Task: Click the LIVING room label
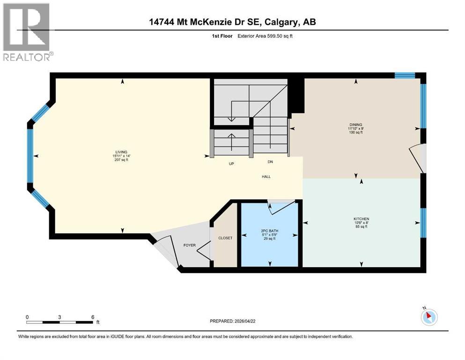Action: [x=122, y=152]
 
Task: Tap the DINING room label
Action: [x=355, y=125]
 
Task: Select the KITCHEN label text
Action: [x=361, y=219]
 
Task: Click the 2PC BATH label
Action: [x=269, y=231]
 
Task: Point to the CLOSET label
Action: [x=225, y=238]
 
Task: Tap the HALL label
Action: [x=266, y=177]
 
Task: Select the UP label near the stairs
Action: [x=231, y=164]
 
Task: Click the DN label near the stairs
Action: [x=270, y=162]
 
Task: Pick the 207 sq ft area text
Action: [x=122, y=160]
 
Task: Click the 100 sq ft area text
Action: [x=355, y=133]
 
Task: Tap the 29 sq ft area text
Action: [x=269, y=239]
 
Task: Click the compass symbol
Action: [x=428, y=317]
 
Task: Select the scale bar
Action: [x=59, y=322]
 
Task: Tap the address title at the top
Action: [x=232, y=22]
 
